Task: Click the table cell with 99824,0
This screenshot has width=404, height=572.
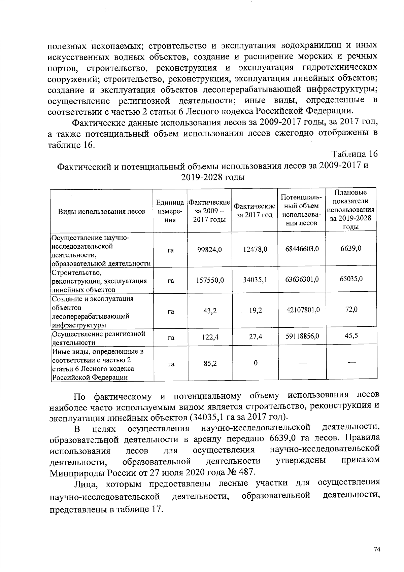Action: [x=209, y=249]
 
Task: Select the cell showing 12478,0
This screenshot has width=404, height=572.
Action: [x=255, y=249]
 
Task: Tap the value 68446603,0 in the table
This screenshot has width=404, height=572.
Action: [x=302, y=249]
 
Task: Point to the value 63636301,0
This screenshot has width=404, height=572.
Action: [x=302, y=279]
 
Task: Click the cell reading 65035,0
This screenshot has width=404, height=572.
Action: [x=351, y=279]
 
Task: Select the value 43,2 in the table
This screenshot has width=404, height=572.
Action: [x=210, y=311]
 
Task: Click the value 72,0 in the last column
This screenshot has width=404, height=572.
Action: [x=351, y=309]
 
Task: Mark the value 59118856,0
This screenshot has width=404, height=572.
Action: [x=302, y=336]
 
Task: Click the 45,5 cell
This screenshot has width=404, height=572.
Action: [x=351, y=335]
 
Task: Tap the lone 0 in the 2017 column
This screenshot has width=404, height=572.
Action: [x=256, y=363]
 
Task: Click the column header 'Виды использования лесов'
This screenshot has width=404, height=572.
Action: [x=102, y=211]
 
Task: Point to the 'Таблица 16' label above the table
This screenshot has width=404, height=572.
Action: [x=355, y=154]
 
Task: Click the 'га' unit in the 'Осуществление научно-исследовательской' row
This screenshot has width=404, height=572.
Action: [x=170, y=250]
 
